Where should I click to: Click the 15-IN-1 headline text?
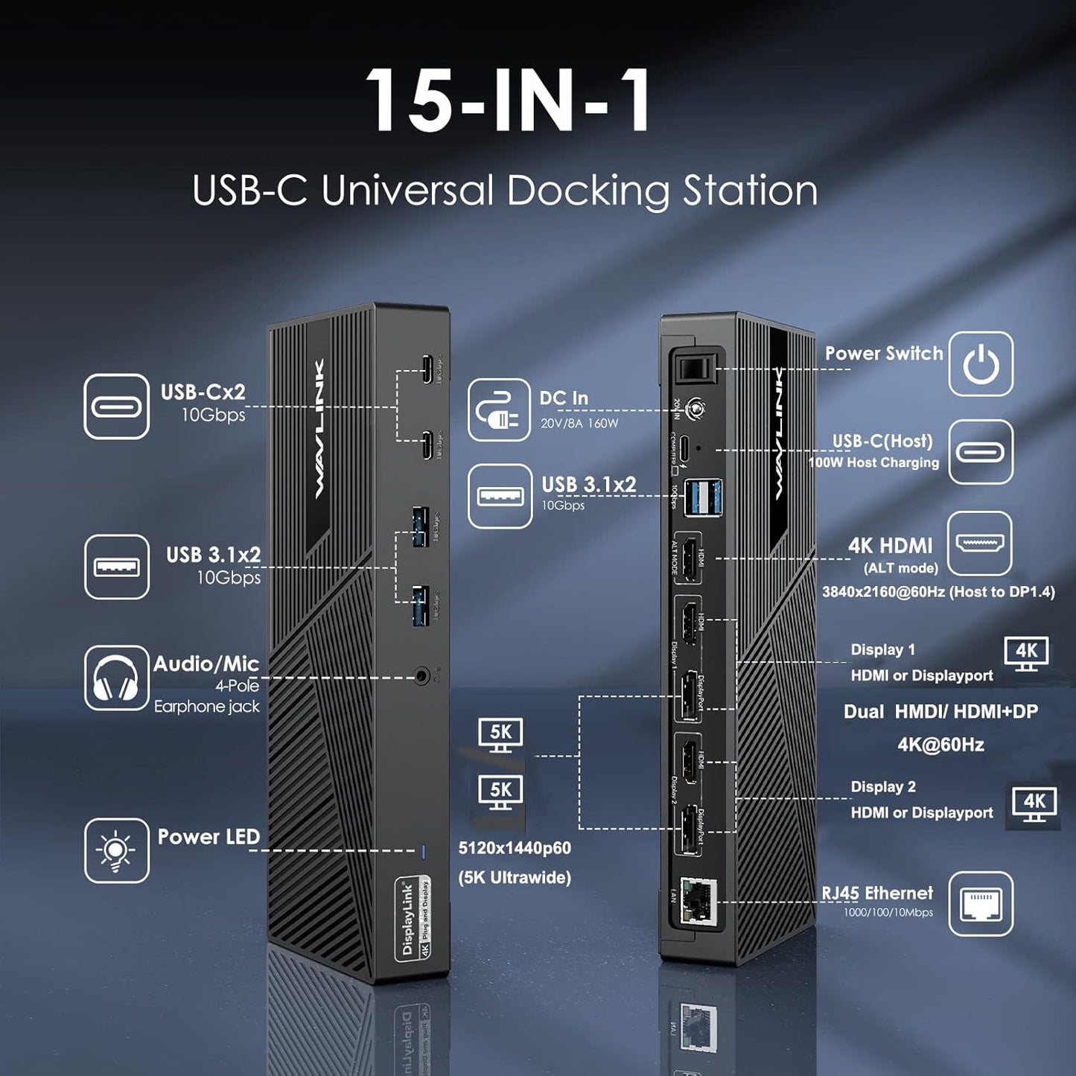point(508,101)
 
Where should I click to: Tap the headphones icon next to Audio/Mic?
point(116,678)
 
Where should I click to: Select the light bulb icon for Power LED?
point(116,850)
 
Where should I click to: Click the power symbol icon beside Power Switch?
point(980,364)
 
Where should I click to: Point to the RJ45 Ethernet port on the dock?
point(698,900)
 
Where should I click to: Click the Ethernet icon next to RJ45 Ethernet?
point(980,903)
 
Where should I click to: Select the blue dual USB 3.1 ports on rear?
point(703,497)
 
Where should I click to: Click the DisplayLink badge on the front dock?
point(415,918)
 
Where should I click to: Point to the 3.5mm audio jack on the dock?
point(422,676)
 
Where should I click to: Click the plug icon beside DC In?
point(498,410)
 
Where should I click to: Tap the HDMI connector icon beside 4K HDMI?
point(979,543)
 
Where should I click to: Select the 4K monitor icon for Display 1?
point(1025,653)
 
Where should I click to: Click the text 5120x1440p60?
point(515,848)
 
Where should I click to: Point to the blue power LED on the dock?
point(424,850)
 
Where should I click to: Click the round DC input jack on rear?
point(696,408)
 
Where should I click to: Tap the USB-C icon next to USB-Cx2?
point(116,407)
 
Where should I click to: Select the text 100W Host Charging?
point(873,462)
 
